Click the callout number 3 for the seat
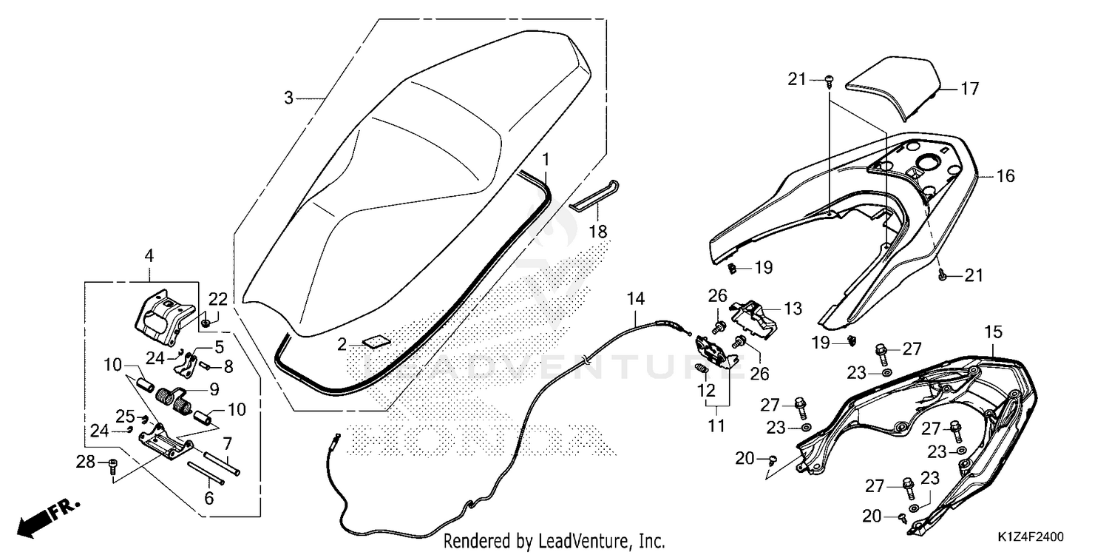coord(288,98)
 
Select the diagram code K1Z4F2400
coord(1031,536)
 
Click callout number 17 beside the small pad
coord(970,89)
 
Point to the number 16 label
coord(1005,176)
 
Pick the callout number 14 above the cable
coord(636,299)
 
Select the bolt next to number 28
coord(113,465)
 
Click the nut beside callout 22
coord(207,323)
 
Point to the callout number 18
coord(597,232)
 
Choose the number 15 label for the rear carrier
coord(993,332)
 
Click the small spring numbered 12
coord(701,369)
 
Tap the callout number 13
coord(793,309)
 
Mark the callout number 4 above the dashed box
coord(149,256)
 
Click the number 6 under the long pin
coord(209,498)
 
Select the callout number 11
coord(716,425)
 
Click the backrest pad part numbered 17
coord(892,88)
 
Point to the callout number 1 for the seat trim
coord(546,160)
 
